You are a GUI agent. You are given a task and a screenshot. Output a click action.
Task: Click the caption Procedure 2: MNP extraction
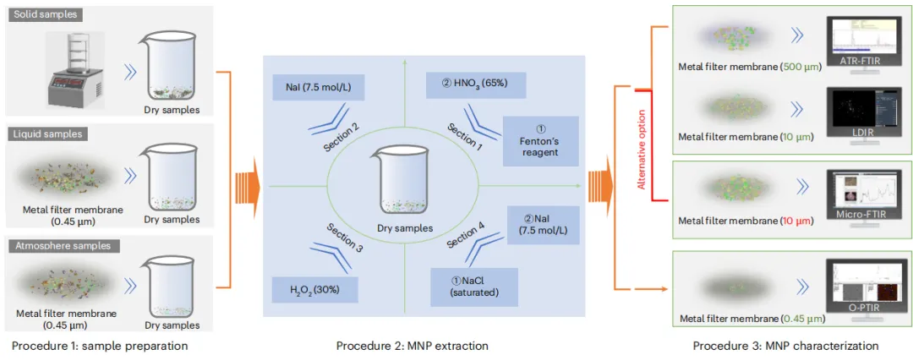tap(412, 346)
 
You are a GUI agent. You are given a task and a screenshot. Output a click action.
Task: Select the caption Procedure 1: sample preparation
tap(99, 346)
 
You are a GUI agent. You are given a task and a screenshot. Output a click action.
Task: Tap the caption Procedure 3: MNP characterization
tap(785, 346)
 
